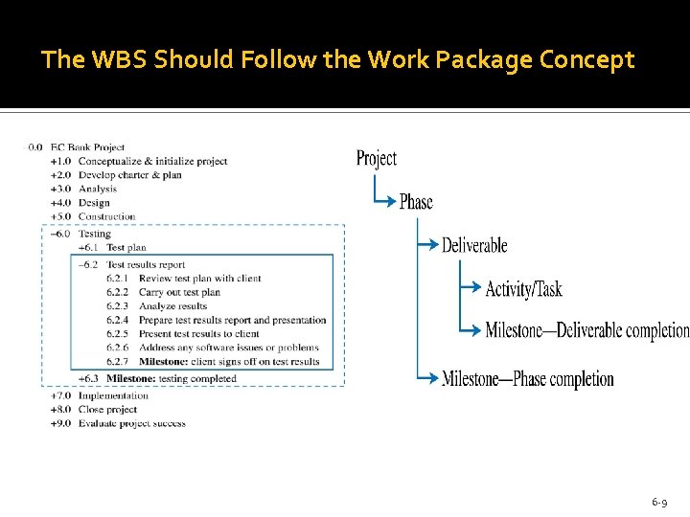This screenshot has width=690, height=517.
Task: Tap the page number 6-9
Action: [x=659, y=502]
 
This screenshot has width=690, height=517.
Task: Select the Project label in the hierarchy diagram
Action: [x=376, y=159]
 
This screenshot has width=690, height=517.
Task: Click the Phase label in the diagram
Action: [x=416, y=202]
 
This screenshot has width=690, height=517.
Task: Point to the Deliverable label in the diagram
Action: [x=474, y=245]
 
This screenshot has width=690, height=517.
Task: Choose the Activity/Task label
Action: [x=524, y=289]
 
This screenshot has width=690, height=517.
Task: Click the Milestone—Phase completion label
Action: [x=528, y=379]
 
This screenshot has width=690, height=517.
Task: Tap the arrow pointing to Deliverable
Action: [x=428, y=245]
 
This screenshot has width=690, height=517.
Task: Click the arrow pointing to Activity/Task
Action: [x=471, y=288]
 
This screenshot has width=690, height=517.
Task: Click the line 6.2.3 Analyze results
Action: [x=172, y=306]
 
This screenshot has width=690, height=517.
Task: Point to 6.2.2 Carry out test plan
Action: [x=178, y=292]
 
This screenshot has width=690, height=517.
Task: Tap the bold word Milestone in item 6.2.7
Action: [x=162, y=362]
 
